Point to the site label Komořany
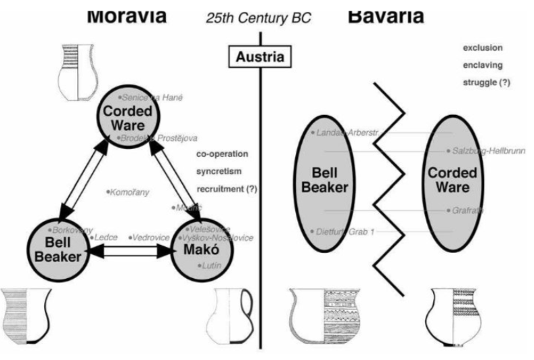tap(129, 192)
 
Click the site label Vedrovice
tap(152, 238)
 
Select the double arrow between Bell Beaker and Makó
tap(133, 251)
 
